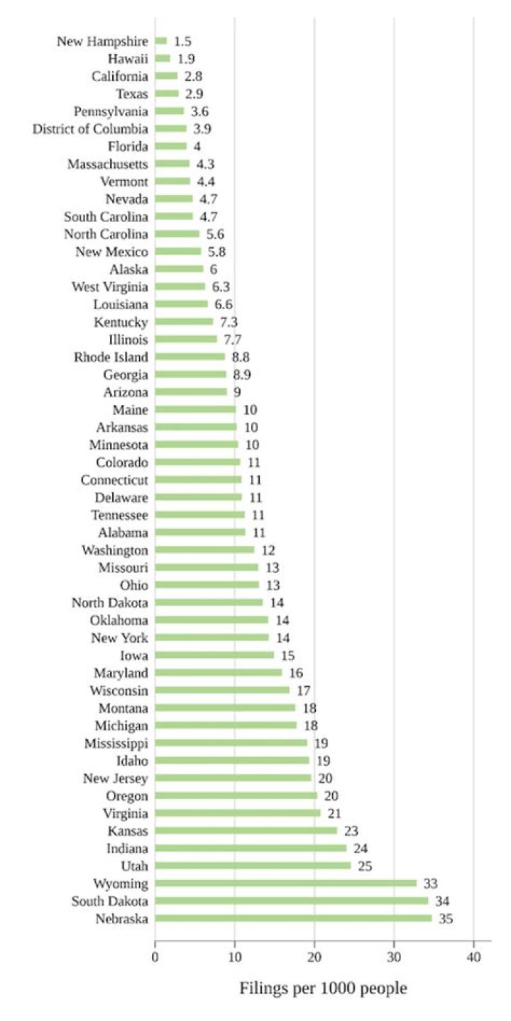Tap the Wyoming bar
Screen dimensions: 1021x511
point(285,883)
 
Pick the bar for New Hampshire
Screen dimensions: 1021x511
point(161,41)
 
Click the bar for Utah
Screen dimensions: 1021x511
point(253,866)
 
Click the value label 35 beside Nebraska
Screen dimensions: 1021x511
point(446,918)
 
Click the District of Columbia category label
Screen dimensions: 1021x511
point(91,129)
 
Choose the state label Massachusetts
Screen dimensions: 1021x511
point(108,164)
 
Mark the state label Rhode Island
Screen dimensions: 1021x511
point(111,357)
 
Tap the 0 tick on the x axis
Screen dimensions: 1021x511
point(155,956)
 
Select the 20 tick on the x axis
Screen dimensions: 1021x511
point(314,956)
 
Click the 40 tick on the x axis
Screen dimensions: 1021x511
point(473,956)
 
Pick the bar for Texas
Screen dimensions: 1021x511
point(167,94)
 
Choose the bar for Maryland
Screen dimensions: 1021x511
point(218,673)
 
